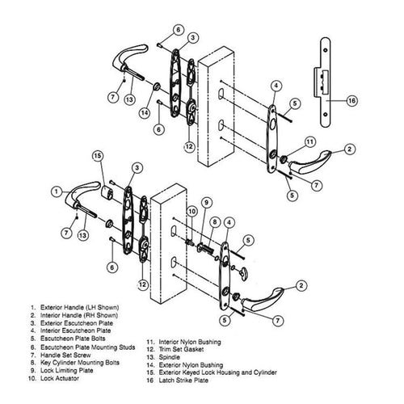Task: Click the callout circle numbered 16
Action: (x=351, y=101)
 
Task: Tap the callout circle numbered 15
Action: (x=98, y=156)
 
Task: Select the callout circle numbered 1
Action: (x=57, y=191)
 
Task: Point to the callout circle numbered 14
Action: (x=145, y=113)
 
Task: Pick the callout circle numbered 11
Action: (x=309, y=142)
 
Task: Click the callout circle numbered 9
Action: (x=207, y=202)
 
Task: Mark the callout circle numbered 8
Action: (x=215, y=222)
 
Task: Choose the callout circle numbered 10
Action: (x=191, y=212)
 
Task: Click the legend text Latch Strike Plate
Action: (x=183, y=381)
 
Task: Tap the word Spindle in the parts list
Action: (x=169, y=357)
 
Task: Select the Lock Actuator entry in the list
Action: (x=60, y=378)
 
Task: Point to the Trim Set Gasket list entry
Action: (x=181, y=350)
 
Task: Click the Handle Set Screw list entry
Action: (x=65, y=356)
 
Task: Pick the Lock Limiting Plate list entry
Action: (x=66, y=371)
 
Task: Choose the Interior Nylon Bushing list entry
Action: (x=190, y=342)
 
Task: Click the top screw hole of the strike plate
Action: (x=326, y=50)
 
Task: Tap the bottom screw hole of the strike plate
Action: (x=326, y=115)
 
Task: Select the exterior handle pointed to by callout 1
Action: (x=81, y=193)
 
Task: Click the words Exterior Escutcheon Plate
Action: (x=77, y=323)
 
